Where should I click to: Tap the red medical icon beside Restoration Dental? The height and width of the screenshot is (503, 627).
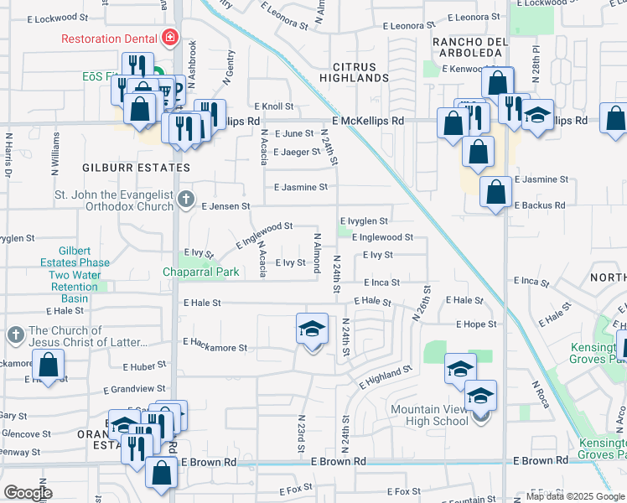tap(171, 38)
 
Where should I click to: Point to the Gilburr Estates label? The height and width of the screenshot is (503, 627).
tap(124, 168)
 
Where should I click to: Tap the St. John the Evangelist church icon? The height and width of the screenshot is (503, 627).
tap(186, 200)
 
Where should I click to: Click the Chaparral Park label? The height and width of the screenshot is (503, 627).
tap(200, 272)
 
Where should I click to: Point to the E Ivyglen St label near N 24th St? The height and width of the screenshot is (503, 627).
tap(363, 221)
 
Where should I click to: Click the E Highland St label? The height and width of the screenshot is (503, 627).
tap(386, 376)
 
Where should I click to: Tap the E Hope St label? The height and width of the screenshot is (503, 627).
tap(477, 324)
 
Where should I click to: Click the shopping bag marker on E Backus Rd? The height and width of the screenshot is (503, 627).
tap(495, 192)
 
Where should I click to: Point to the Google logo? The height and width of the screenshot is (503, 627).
tap(28, 493)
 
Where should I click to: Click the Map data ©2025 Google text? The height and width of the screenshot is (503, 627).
tap(574, 496)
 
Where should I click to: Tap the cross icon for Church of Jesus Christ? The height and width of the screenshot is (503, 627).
tap(15, 336)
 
